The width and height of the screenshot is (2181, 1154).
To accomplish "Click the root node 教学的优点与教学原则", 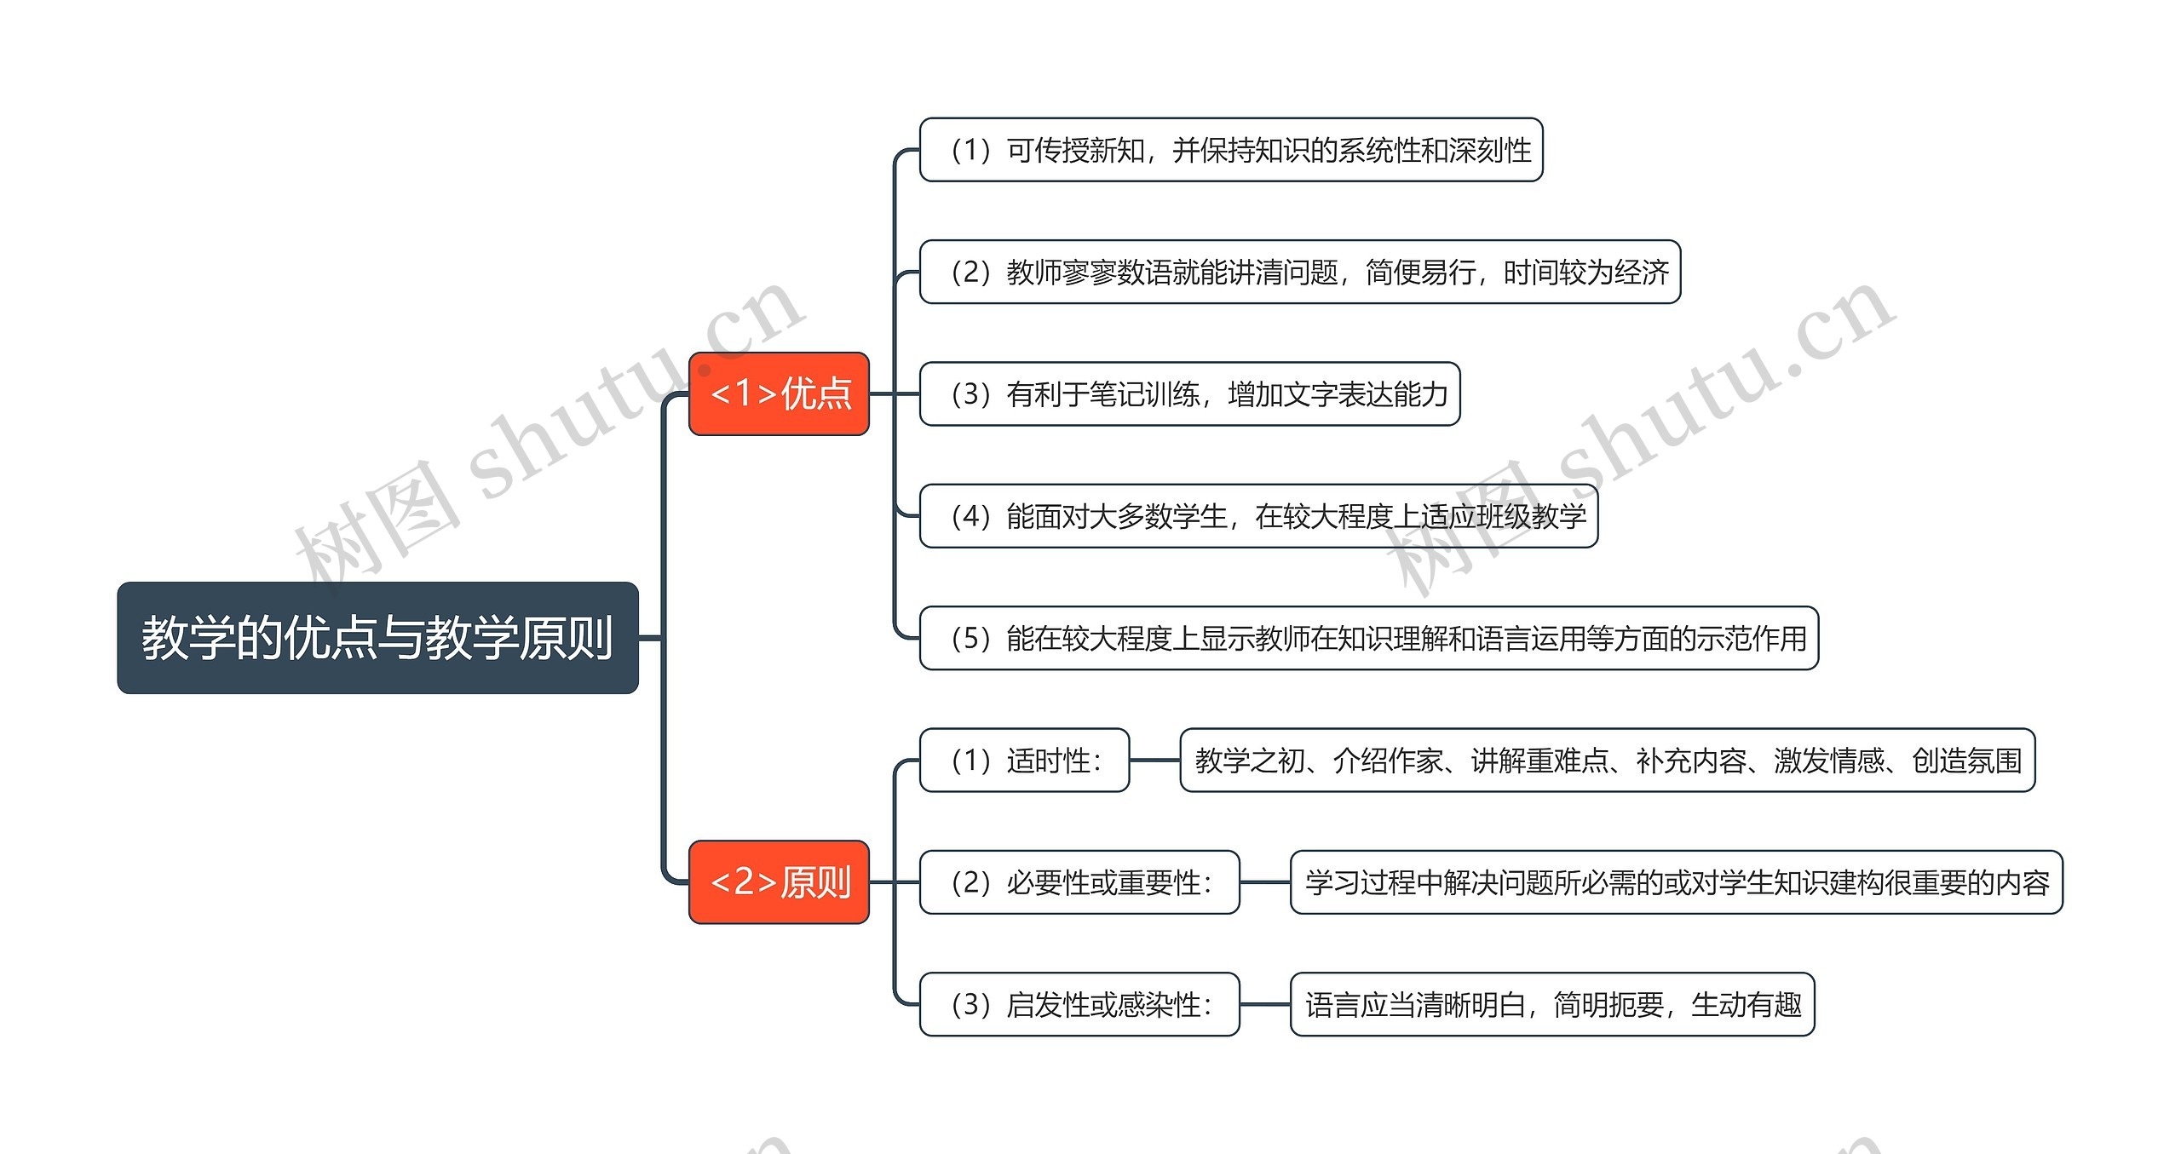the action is point(377,638).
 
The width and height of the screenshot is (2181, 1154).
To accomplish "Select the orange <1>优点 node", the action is point(779,393).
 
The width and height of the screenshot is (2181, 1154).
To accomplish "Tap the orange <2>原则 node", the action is point(779,882).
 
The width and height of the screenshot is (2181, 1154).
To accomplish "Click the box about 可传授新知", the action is point(1231,150).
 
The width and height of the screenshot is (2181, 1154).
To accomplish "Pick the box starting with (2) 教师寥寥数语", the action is point(1299,272).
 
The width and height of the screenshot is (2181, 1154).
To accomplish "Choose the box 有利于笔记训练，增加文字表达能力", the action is point(1189,393).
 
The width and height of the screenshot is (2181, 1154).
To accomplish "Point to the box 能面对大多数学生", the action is point(1258,516).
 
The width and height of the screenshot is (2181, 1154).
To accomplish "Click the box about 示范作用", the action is point(1369,638).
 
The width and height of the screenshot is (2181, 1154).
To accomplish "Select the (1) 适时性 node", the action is point(1024,761).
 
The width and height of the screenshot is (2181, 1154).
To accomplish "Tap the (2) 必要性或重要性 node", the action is point(1079,882).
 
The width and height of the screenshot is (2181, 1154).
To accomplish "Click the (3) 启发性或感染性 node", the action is point(1079,1004).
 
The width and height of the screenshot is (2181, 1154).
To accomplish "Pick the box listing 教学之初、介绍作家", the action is point(1607,761).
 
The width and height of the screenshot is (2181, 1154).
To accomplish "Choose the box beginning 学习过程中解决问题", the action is point(1676,882).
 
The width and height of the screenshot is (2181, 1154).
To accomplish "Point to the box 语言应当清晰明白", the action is point(1552,1004).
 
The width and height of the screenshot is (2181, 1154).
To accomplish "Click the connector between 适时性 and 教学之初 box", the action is point(1154,761).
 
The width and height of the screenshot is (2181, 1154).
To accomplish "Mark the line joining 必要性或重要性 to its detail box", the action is point(1265,882).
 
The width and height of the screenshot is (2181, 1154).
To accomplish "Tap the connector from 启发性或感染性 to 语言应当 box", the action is point(1265,1004).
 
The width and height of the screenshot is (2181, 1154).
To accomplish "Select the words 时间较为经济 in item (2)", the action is point(1585,273).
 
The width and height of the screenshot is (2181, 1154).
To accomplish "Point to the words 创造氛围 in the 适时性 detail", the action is point(1966,761).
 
